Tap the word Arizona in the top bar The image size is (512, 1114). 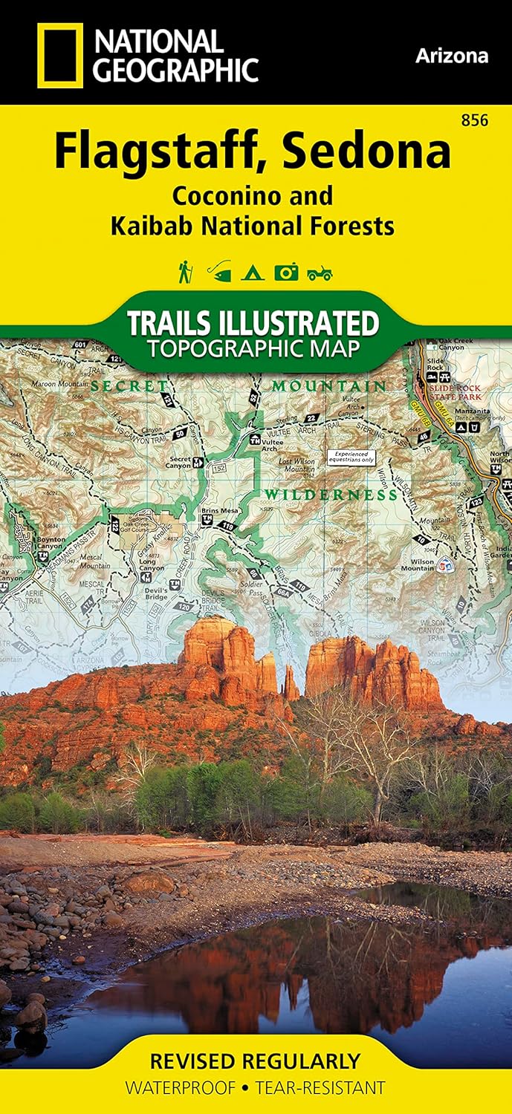tap(452, 56)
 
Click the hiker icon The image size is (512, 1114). tap(184, 272)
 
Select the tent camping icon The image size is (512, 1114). tap(252, 273)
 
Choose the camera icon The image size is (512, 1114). tap(286, 273)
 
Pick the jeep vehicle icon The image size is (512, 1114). tap(320, 273)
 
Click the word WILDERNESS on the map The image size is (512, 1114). tap(332, 495)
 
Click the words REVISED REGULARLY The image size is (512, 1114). tap(255, 1061)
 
